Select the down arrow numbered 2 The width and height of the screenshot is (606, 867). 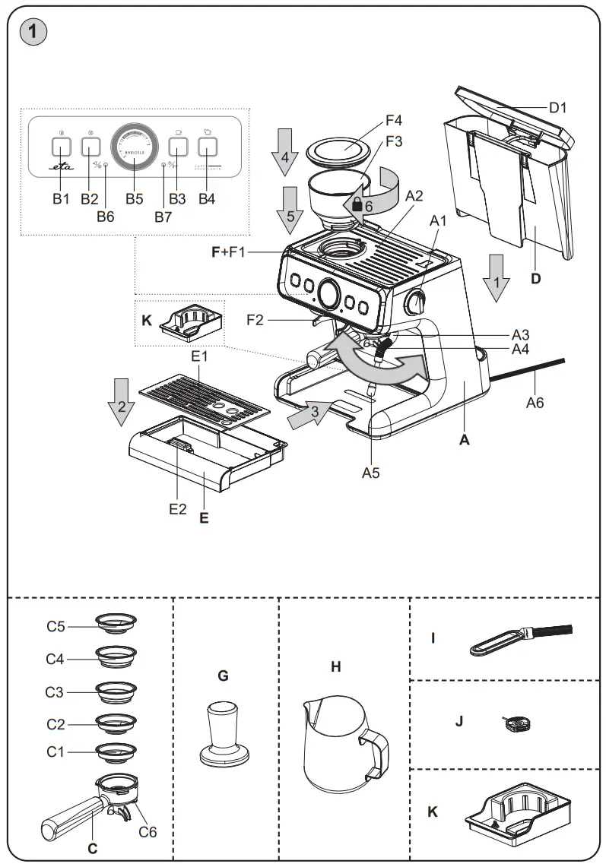(x=120, y=400)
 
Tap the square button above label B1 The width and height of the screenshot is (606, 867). (x=62, y=145)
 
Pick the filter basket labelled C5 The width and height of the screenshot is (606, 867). (x=116, y=622)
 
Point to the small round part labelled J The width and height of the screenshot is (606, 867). (x=514, y=722)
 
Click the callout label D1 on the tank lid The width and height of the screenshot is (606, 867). (x=558, y=108)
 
